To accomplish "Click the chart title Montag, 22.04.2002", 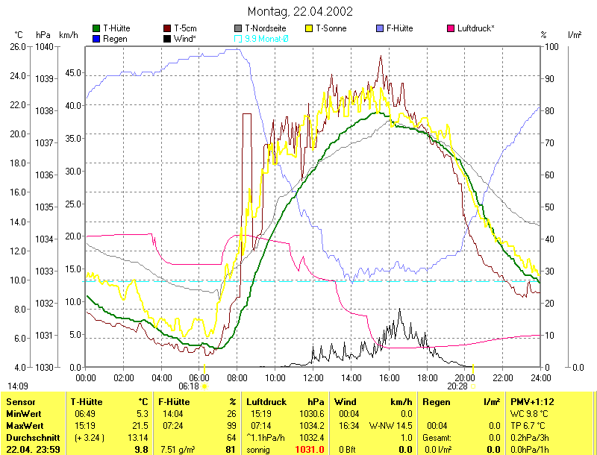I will (299, 12).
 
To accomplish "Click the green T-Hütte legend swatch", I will (96, 28).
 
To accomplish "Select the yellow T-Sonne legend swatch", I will (310, 28).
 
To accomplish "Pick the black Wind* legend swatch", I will (167, 38).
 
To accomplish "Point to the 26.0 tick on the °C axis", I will (17, 46).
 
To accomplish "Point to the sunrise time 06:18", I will (189, 386).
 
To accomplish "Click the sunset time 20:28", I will (457, 386).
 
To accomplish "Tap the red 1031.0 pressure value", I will (310, 450).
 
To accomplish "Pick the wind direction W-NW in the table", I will (383, 425).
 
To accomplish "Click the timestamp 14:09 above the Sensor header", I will (18, 386).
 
